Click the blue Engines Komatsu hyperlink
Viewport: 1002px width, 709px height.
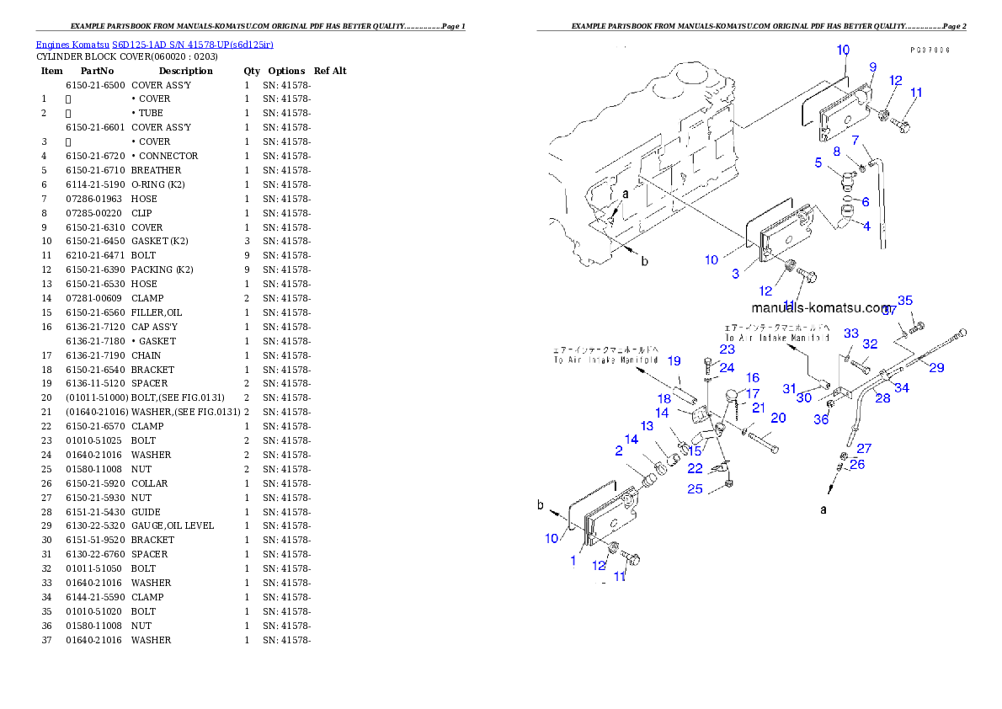pyautogui.click(x=154, y=44)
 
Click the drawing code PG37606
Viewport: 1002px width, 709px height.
pyautogui.click(x=930, y=51)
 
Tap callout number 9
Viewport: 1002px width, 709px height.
pyautogui.click(x=873, y=67)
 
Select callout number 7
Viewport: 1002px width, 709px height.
pyautogui.click(x=855, y=140)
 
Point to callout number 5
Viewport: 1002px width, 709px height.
pyautogui.click(x=818, y=163)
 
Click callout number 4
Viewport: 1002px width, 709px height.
pyautogui.click(x=866, y=227)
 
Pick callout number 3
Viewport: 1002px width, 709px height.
pyautogui.click(x=735, y=274)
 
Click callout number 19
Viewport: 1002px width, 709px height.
pyautogui.click(x=674, y=361)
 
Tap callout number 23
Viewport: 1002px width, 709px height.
pyautogui.click(x=727, y=349)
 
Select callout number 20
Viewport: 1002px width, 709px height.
pyautogui.click(x=778, y=418)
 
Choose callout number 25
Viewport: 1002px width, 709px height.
pyautogui.click(x=695, y=489)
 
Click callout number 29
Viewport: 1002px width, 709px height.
pyautogui.click(x=936, y=368)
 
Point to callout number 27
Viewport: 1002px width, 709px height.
pyautogui.click(x=865, y=449)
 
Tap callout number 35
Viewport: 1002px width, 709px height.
pyautogui.click(x=905, y=301)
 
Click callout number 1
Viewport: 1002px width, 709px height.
pyautogui.click(x=573, y=560)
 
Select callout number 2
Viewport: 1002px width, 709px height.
pyautogui.click(x=619, y=451)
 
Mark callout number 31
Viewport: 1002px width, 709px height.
pyautogui.click(x=789, y=388)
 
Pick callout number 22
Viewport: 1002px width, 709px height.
pyautogui.click(x=695, y=469)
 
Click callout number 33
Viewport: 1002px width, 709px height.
pyautogui.click(x=851, y=334)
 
